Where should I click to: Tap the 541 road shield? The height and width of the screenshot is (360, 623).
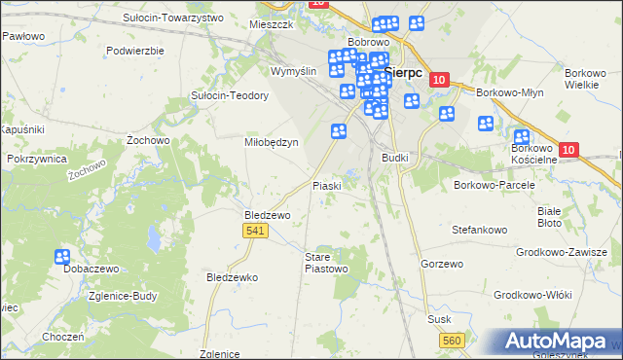[255, 230]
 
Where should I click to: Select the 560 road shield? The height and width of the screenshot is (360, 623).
[451, 339]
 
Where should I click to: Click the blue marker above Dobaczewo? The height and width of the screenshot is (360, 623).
[62, 257]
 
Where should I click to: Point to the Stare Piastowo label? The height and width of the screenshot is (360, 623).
[324, 262]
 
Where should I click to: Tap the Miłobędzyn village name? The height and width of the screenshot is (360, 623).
[270, 141]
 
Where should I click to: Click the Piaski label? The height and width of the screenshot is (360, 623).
[325, 185]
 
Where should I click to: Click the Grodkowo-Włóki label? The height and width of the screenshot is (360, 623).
[531, 294]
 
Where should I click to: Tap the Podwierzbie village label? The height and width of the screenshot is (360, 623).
[135, 50]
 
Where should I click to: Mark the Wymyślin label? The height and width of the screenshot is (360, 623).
[294, 72]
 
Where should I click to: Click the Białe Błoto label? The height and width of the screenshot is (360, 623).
[550, 216]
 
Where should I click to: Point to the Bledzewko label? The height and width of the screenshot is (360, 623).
[232, 277]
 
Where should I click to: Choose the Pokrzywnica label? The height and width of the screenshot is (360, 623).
[36, 158]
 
